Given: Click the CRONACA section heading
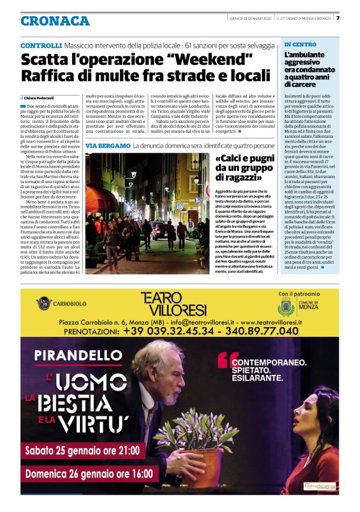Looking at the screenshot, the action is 55,21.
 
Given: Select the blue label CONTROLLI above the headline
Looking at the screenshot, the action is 41,46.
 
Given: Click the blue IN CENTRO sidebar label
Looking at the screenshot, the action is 300,45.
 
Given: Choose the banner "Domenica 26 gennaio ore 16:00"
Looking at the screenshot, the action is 88,474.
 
